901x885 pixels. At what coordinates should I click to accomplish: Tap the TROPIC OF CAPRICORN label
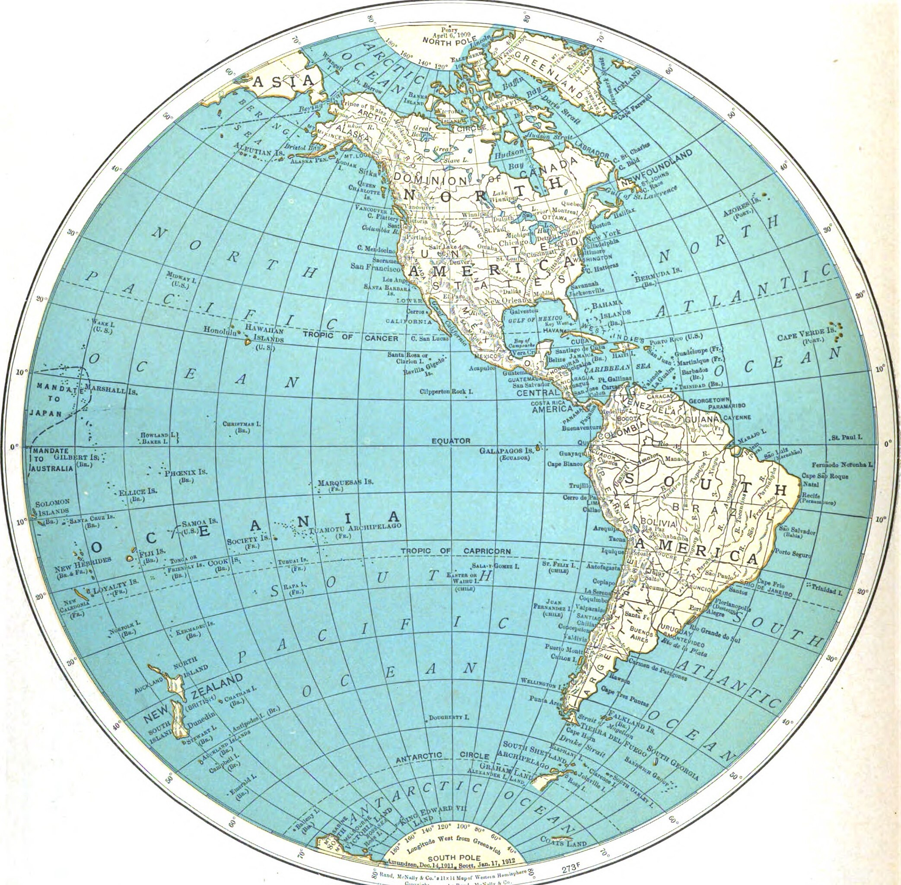455,551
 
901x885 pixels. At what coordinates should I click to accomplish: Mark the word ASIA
284,82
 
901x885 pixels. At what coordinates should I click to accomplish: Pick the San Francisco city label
376,268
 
